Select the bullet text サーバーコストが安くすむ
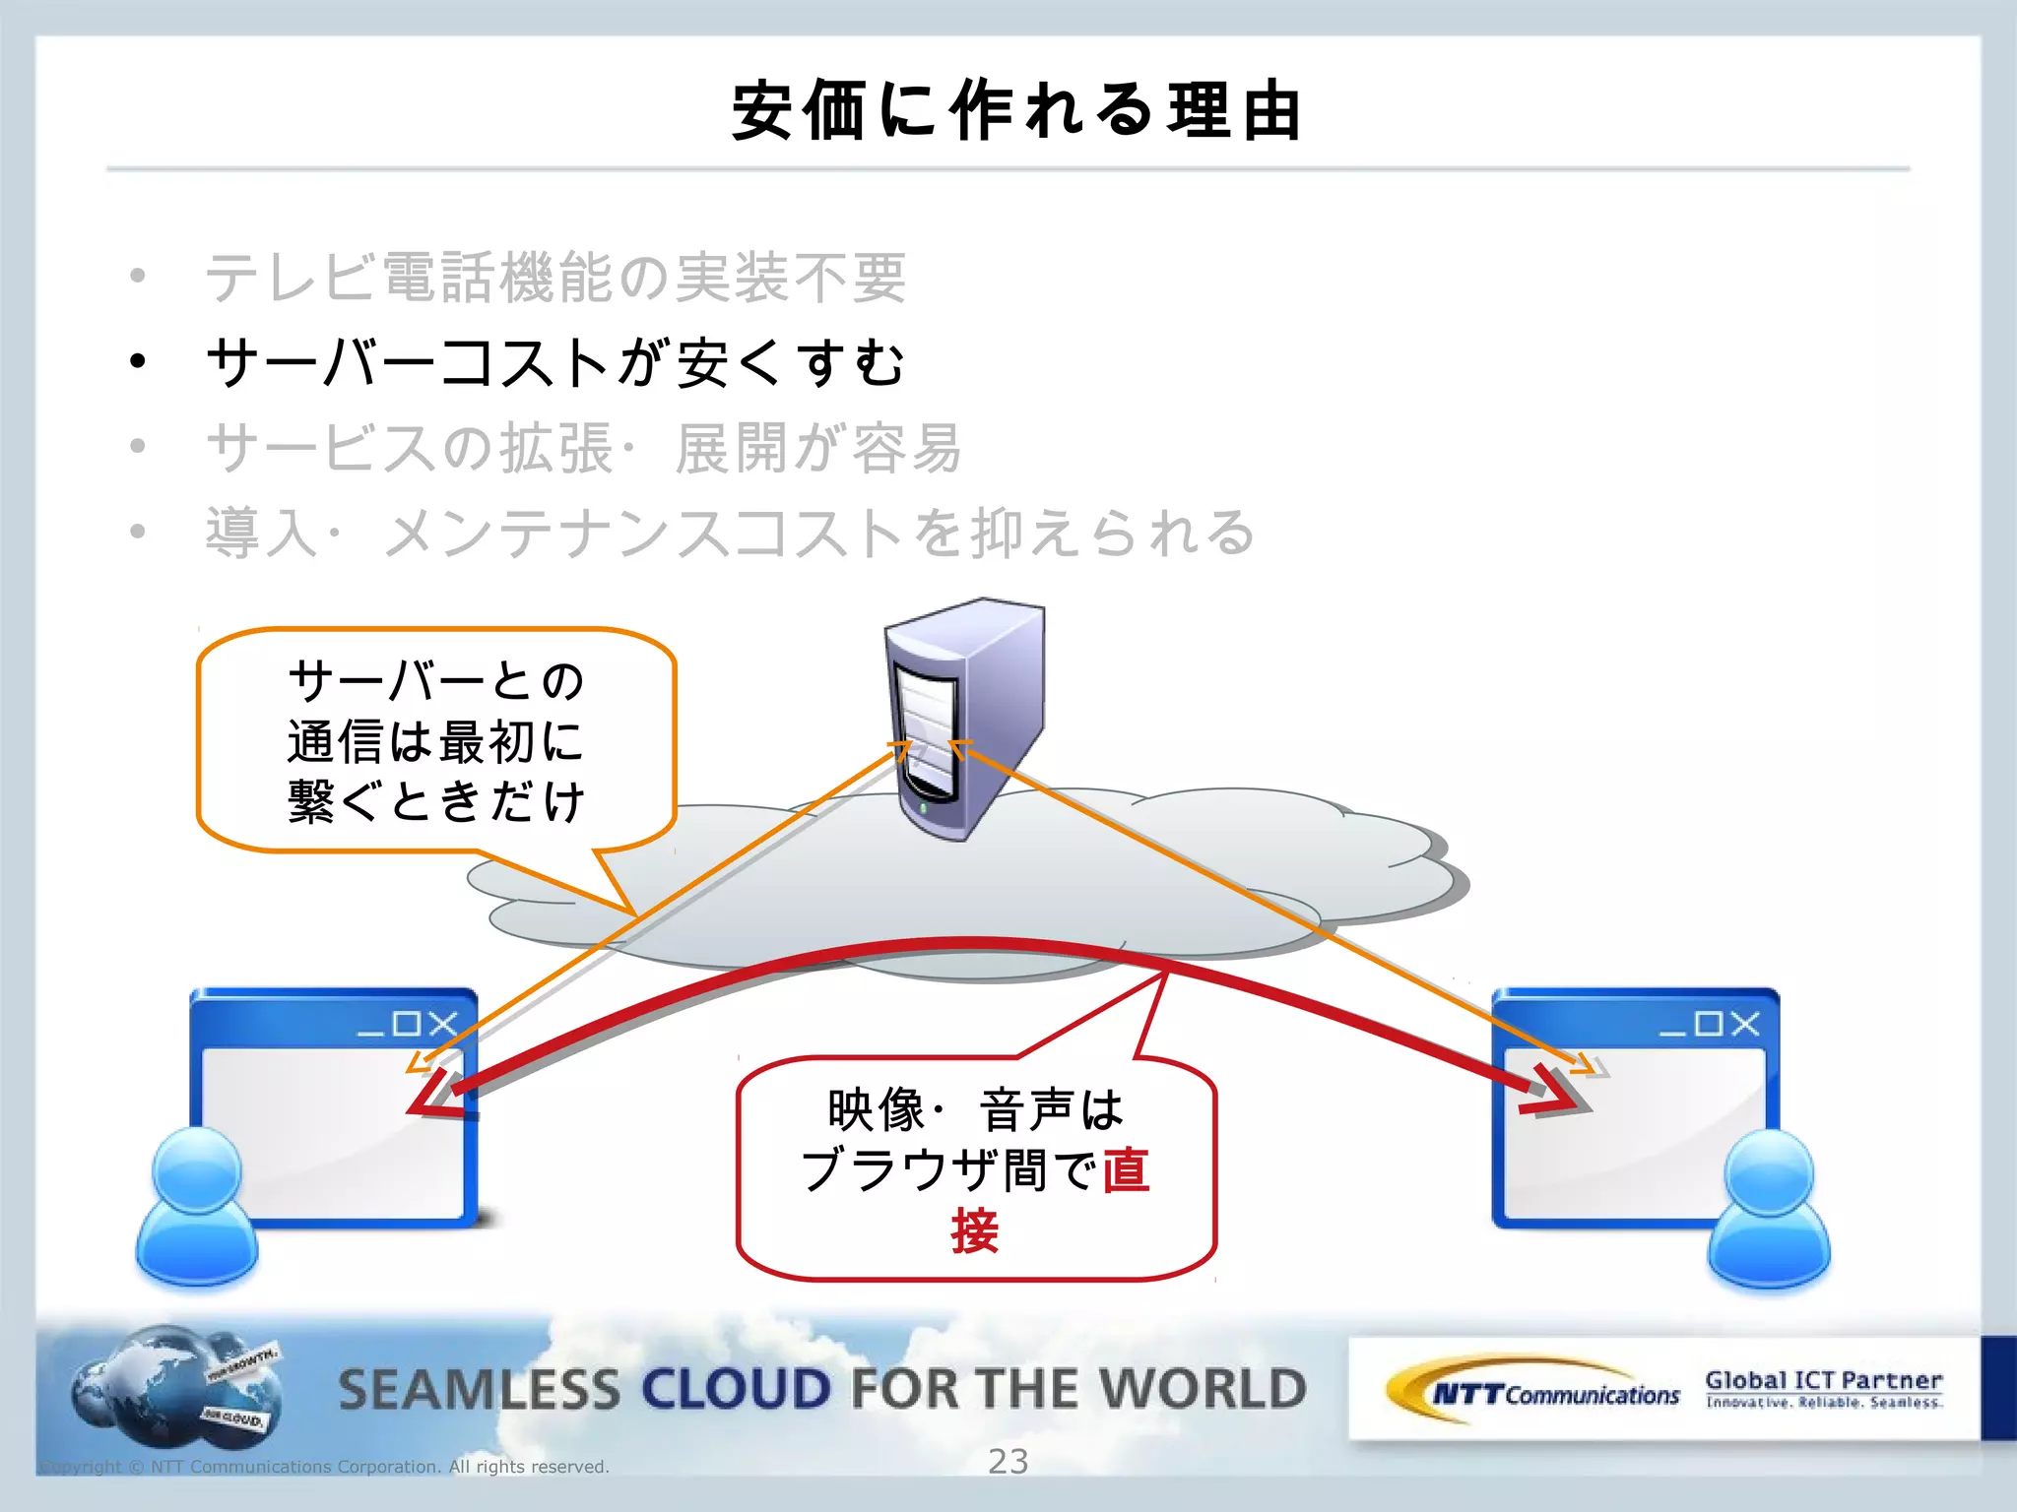554,362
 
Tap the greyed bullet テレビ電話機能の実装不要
554,278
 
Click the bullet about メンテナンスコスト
729,533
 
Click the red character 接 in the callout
975,1230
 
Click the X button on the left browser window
443,1024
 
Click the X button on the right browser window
1744,1024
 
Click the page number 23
1008,1462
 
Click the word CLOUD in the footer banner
737,1389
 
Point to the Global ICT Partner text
1823,1380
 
